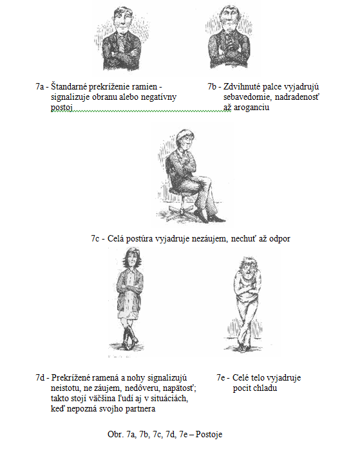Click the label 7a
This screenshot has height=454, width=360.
coord(40,86)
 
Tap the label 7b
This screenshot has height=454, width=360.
coord(212,86)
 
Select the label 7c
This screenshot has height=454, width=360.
coord(95,238)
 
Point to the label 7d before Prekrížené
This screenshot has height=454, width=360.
coord(40,377)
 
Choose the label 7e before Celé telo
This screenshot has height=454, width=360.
coord(221,377)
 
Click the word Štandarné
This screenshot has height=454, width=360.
coord(69,86)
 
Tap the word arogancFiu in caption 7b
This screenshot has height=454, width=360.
coord(251,108)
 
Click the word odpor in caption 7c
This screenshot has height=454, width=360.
coord(279,239)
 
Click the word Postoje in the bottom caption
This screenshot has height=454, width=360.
coord(209,434)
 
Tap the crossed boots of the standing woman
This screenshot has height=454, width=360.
coord(129,337)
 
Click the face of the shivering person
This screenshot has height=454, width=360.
coord(247,271)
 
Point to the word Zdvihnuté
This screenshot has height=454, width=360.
coord(242,86)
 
